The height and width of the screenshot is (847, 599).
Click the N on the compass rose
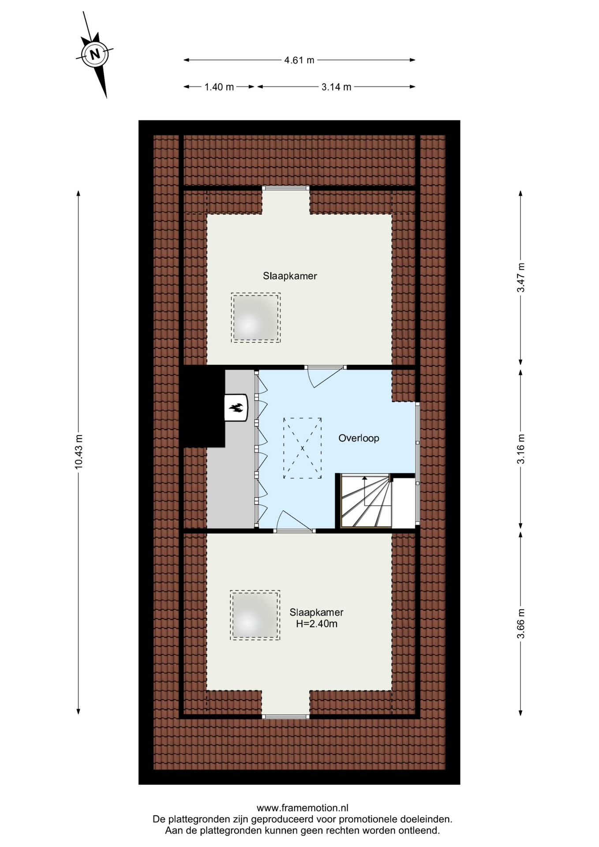[x=94, y=54]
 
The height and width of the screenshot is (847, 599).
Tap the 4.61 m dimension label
[x=299, y=60]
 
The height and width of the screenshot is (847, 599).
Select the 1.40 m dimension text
[x=219, y=87]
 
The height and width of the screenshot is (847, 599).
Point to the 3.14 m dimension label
[x=337, y=87]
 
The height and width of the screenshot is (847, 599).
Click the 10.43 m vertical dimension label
[x=79, y=451]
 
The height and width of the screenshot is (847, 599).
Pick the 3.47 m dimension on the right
[x=521, y=277]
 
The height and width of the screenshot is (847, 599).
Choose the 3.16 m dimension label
[x=521, y=449]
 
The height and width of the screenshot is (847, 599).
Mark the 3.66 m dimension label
[x=521, y=623]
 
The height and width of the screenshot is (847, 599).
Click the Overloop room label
[x=359, y=438]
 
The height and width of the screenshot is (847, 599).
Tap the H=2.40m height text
[x=317, y=624]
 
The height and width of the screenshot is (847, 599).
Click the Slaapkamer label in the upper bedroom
[x=290, y=276]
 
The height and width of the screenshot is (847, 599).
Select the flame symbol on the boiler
[x=236, y=408]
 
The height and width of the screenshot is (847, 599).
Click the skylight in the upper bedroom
[x=256, y=318]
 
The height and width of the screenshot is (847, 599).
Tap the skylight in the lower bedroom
[x=255, y=615]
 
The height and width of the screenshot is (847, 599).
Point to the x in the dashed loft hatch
[x=303, y=448]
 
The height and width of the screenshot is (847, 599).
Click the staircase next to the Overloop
[x=366, y=501]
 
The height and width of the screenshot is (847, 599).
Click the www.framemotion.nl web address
[x=303, y=808]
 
